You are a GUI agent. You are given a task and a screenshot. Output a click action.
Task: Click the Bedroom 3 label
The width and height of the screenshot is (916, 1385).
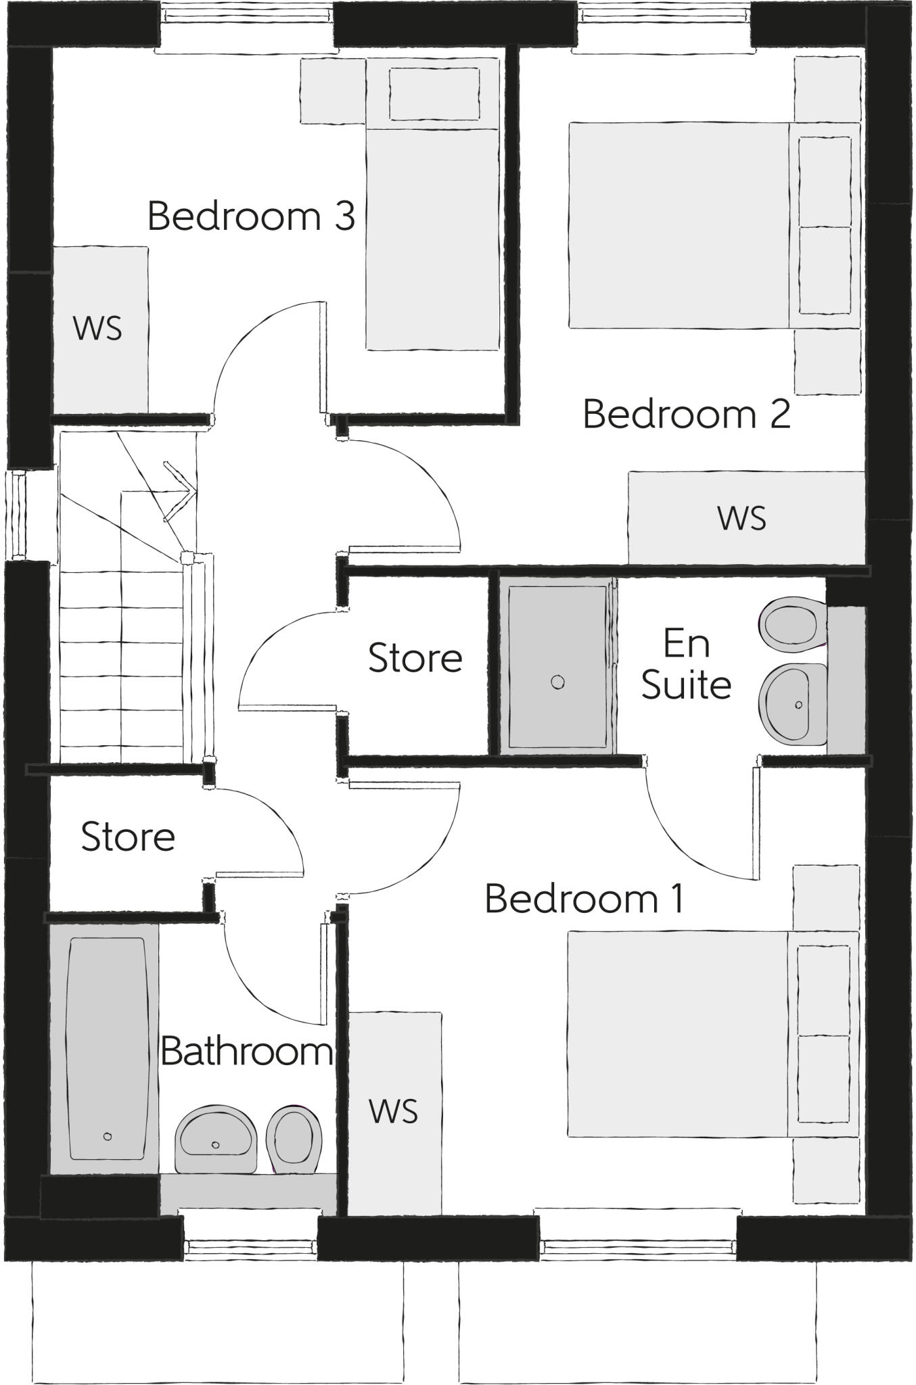pos(251,216)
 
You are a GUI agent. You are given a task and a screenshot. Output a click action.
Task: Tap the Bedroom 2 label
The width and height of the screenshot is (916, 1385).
pos(686,414)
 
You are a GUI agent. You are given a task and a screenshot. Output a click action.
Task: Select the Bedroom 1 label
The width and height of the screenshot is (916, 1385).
pos(584,899)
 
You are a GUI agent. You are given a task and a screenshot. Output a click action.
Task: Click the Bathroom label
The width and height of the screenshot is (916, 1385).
pos(247,1052)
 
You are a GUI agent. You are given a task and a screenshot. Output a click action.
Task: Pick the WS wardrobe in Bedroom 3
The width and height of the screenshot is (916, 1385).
pos(99,329)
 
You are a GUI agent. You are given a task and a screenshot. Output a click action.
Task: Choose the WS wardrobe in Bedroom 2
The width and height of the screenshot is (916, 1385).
pos(742,518)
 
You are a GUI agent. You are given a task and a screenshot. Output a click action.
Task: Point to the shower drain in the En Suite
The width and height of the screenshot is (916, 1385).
pos(557,682)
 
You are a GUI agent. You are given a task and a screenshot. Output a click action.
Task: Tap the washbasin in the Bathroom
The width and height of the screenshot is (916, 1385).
pos(215,1142)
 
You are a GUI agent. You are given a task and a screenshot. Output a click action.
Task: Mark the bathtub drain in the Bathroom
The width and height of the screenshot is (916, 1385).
pos(108,1137)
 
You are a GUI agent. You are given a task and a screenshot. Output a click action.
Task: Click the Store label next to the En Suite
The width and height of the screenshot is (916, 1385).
pos(415,658)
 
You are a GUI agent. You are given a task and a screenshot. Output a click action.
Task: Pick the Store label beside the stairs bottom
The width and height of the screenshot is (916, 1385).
pos(128,837)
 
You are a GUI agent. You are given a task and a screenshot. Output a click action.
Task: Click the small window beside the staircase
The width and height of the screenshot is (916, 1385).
pos(18,515)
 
